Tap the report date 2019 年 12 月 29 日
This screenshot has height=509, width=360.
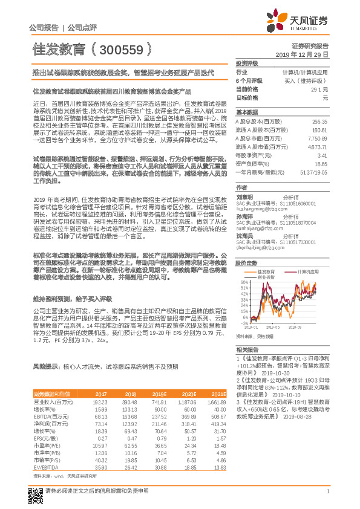pyautogui.click(x=301, y=54)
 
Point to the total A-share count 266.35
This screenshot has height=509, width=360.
pyautogui.click(x=320, y=122)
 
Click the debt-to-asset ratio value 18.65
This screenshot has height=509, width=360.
pyautogui.click(x=321, y=164)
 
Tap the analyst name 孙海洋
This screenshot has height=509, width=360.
pyautogui.click(x=244, y=216)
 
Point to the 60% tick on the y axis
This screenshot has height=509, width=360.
pyautogui.click(x=244, y=265)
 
